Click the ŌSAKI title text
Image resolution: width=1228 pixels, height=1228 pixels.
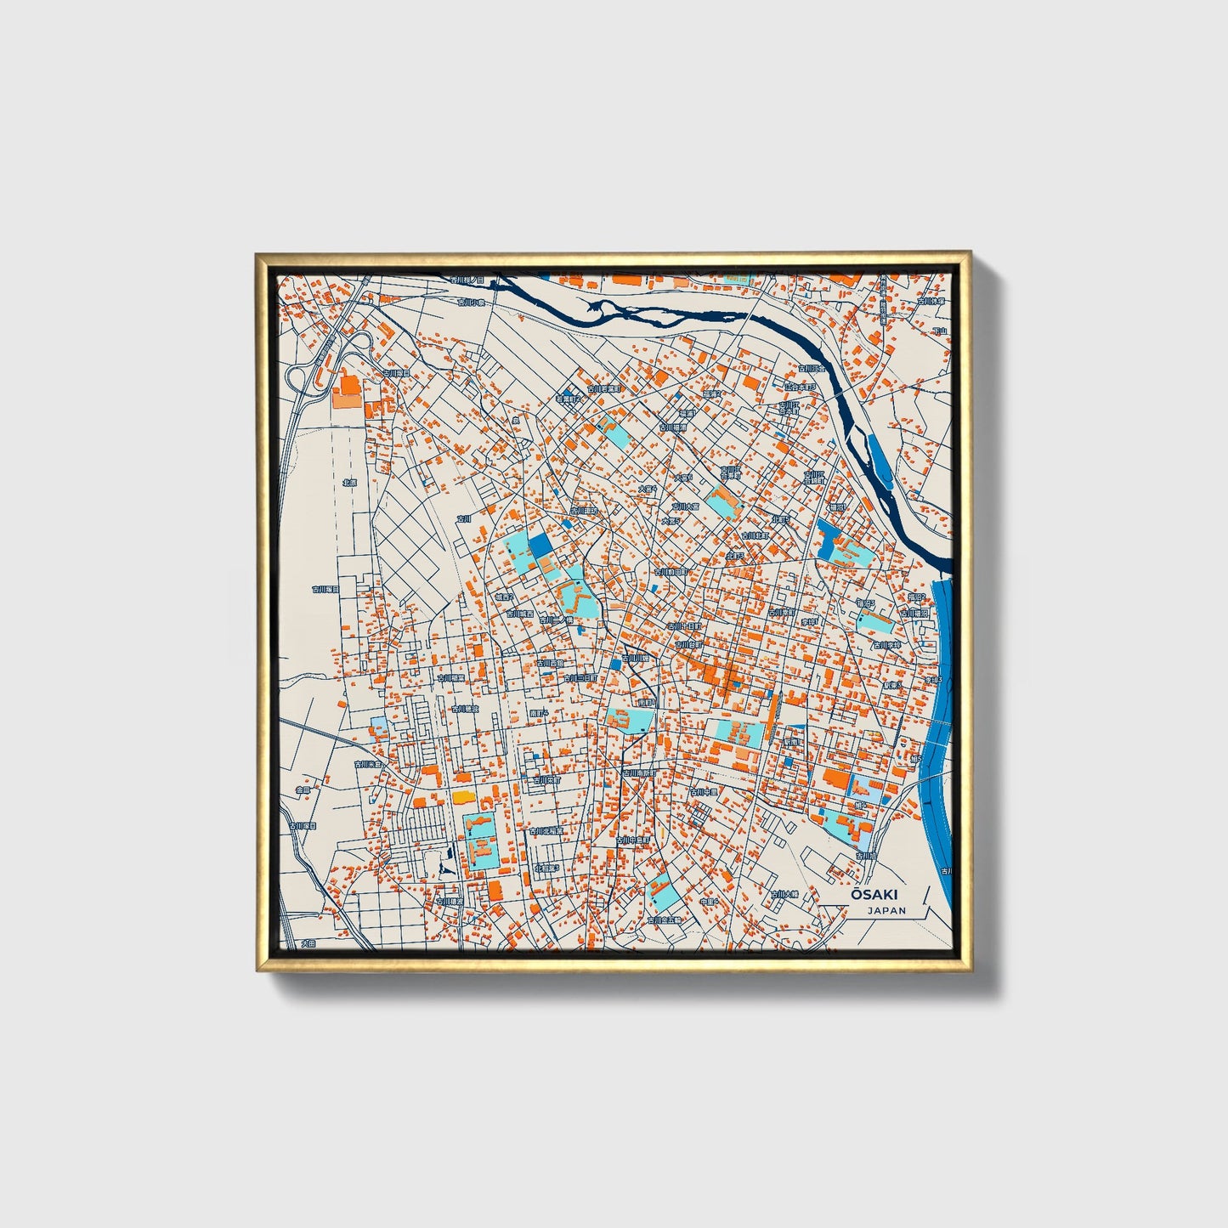[x=874, y=895]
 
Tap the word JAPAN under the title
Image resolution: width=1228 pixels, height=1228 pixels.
[x=886, y=910]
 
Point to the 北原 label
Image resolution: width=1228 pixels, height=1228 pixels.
[x=349, y=482]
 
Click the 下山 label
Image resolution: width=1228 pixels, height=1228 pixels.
[x=939, y=331]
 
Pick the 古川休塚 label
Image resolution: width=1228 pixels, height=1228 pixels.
[x=930, y=301]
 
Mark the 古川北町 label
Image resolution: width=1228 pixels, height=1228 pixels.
[x=754, y=536]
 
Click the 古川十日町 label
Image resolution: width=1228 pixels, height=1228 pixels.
[x=684, y=625]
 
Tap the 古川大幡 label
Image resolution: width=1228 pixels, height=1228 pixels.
[x=785, y=894]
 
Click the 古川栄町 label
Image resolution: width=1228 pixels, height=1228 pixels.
[x=547, y=779]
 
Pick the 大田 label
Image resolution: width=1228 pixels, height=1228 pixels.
[x=308, y=943]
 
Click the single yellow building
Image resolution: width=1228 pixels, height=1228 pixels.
[x=461, y=797]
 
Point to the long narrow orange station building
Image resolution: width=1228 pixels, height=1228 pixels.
[x=772, y=719]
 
